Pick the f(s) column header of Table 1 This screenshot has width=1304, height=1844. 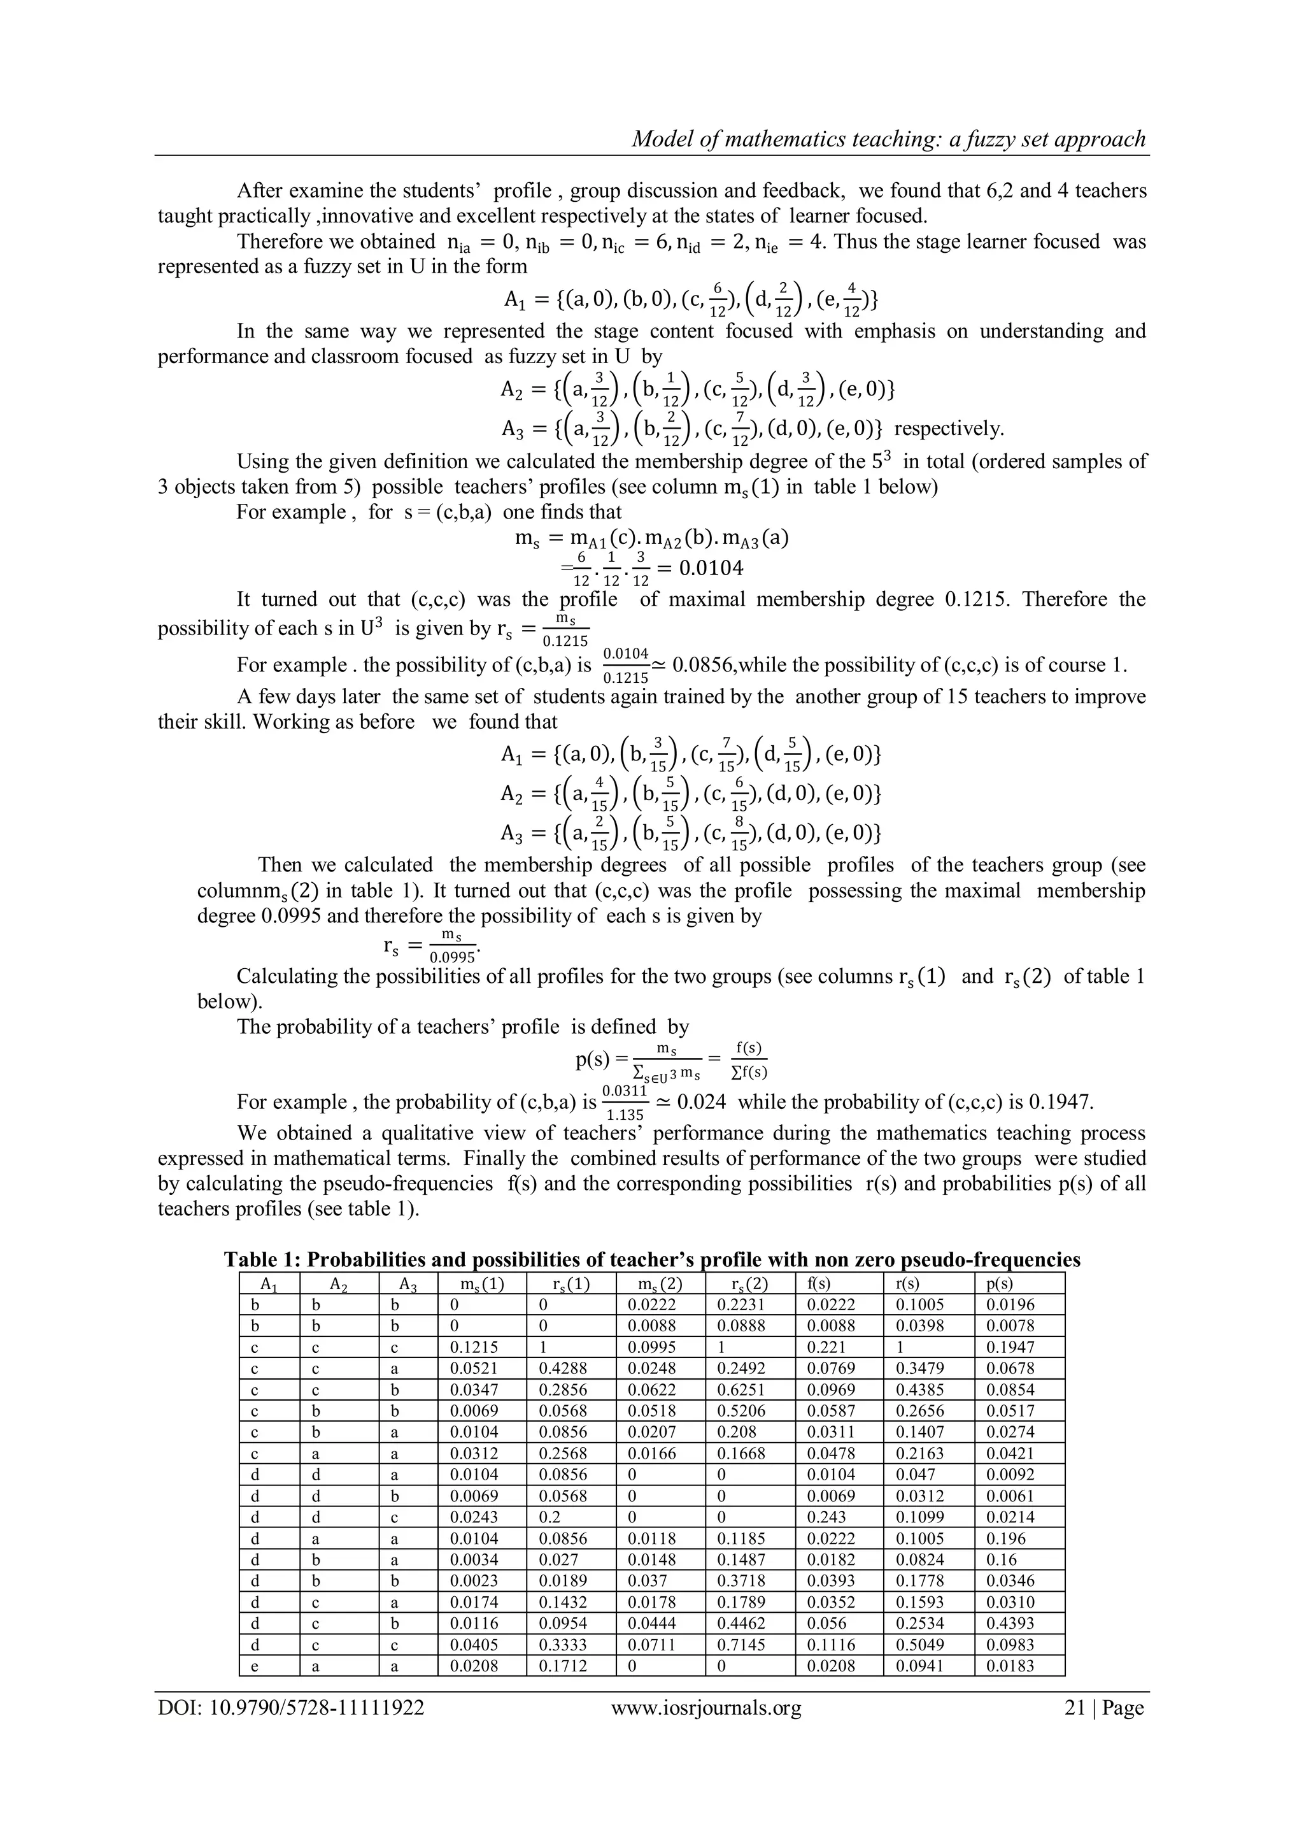click(x=819, y=1283)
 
